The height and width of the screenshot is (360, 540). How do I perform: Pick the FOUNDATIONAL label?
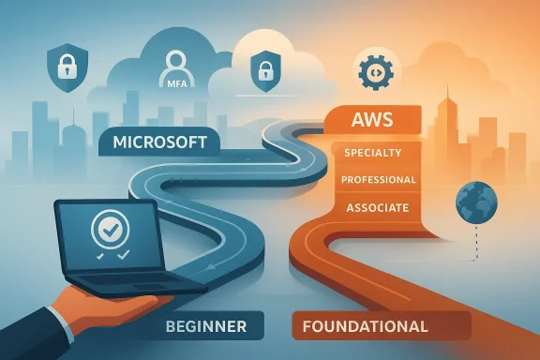click(x=366, y=327)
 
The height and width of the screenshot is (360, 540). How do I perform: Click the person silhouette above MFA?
click(x=175, y=67)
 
